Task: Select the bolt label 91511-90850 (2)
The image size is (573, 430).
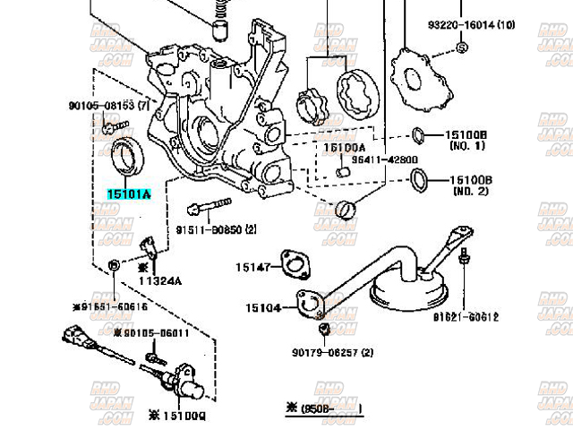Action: point(215,229)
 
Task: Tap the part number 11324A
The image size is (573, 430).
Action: point(159,279)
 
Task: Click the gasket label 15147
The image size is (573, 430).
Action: point(253,266)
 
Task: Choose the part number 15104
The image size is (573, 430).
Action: point(263,307)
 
